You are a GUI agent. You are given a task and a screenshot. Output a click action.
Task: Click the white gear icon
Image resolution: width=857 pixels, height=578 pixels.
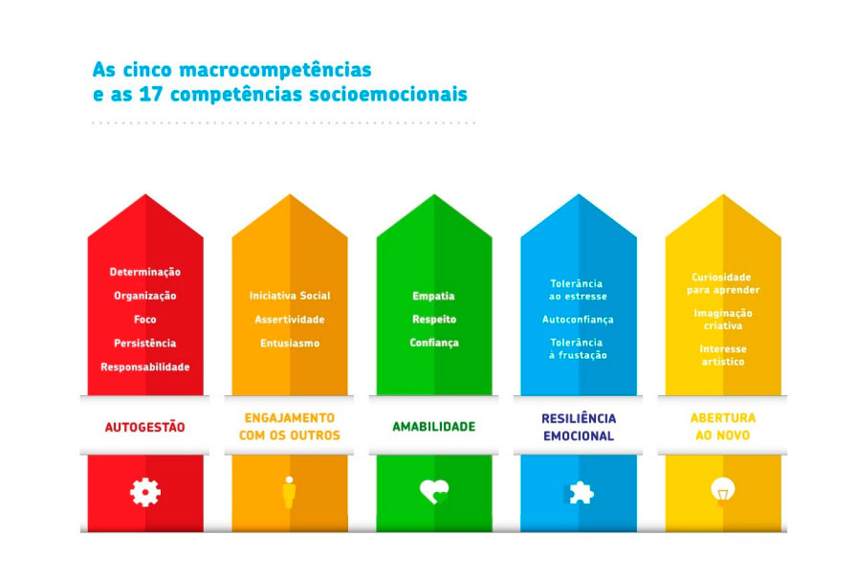point(144,492)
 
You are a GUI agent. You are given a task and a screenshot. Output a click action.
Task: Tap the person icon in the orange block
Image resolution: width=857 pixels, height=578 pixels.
point(289,492)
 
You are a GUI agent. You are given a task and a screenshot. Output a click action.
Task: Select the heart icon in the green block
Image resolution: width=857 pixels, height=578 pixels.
point(434,492)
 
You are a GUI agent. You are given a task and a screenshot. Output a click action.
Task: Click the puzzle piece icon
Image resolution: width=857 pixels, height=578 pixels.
point(579,492)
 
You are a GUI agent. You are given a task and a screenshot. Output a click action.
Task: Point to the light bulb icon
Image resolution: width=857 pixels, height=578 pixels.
point(722,491)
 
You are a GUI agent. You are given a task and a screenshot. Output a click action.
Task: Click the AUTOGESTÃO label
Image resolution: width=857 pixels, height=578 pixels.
point(144,427)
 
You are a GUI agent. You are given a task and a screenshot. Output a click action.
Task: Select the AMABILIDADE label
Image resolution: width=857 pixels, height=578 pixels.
point(434,427)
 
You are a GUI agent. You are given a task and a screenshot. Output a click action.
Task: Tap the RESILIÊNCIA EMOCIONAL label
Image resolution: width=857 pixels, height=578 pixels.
point(579,427)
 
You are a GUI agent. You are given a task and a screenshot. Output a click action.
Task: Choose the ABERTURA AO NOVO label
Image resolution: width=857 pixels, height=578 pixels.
point(722,427)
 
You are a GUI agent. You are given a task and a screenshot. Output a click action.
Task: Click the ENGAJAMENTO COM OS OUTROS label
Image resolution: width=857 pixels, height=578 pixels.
point(290,427)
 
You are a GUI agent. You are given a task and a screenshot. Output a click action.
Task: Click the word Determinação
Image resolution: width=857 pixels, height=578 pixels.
point(144,273)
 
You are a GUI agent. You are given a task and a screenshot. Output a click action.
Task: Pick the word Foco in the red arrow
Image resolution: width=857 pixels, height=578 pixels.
point(144,320)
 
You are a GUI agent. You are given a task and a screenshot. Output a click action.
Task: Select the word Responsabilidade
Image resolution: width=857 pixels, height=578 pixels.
point(144,367)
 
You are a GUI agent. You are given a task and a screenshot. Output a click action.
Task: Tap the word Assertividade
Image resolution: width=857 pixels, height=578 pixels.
point(290,320)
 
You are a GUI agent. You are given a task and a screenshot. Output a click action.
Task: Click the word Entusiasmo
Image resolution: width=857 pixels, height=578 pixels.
point(290,344)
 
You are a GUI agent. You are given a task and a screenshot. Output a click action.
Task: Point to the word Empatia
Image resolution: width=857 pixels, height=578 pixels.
point(433,297)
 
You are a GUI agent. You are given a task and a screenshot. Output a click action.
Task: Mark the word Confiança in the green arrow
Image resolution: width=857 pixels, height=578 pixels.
point(434,343)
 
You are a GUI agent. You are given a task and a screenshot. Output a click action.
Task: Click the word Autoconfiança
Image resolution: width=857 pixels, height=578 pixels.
point(578,320)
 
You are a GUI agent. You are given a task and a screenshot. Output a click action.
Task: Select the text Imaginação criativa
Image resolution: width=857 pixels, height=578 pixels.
point(723,320)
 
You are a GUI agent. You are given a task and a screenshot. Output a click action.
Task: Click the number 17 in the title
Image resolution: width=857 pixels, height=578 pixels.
point(151,94)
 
